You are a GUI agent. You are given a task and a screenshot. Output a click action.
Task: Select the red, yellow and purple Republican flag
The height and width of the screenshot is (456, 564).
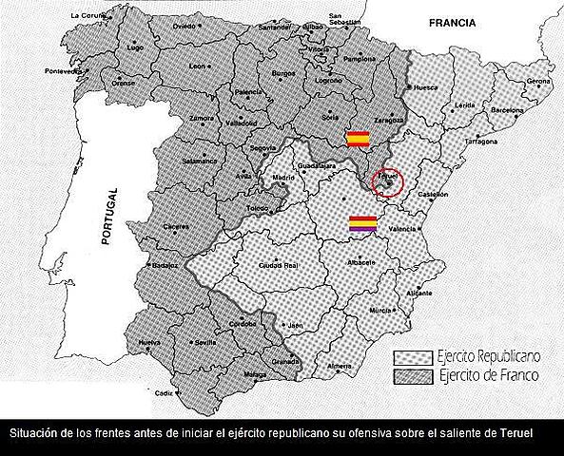(363, 224)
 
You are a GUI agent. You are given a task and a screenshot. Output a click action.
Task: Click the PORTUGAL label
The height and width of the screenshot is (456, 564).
(108, 218)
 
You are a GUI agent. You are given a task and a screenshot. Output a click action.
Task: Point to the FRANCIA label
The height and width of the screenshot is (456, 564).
(451, 22)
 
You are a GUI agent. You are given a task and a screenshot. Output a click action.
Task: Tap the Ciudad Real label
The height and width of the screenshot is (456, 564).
(278, 264)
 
